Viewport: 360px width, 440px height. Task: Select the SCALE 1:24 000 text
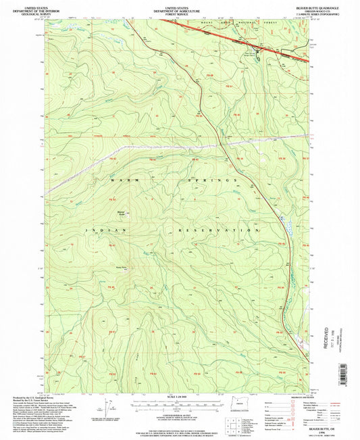click(180, 397)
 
